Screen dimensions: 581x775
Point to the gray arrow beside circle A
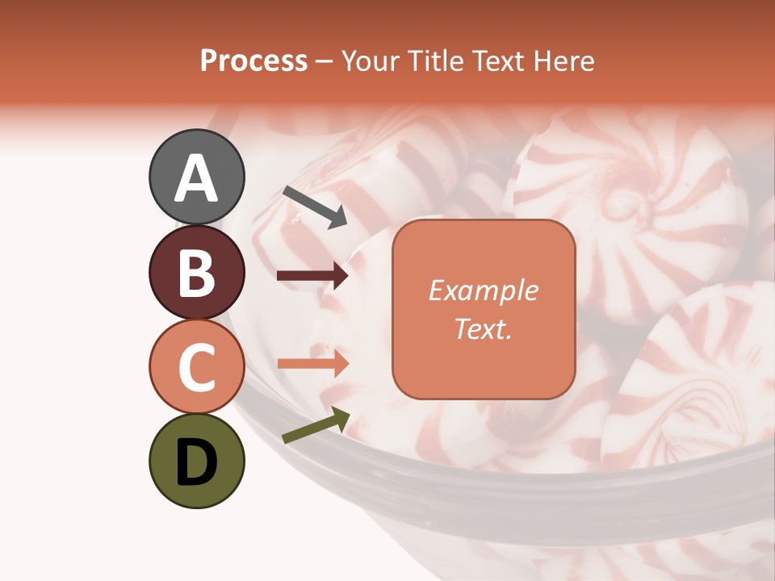click(315, 207)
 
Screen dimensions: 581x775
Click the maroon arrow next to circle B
click(313, 277)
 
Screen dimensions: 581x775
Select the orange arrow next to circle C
click(313, 363)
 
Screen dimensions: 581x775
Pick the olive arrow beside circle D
click(316, 425)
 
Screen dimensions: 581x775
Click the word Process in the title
click(253, 61)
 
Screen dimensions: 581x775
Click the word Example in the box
click(484, 290)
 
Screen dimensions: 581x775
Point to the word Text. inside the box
click(484, 329)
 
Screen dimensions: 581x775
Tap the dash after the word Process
click(325, 61)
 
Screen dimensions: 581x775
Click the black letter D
click(197, 463)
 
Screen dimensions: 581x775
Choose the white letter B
click(197, 273)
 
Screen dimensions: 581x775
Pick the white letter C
click(197, 368)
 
